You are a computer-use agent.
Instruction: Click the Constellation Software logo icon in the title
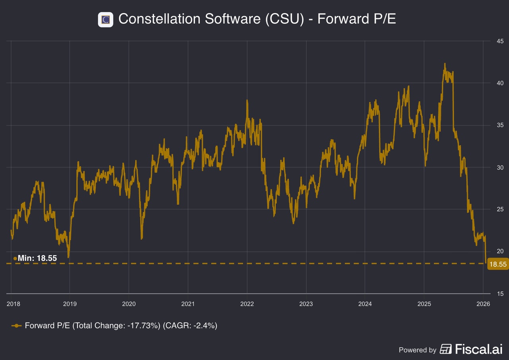(x=106, y=19)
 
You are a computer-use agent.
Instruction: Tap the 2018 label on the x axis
(x=14, y=304)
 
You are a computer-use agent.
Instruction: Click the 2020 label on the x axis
(x=129, y=304)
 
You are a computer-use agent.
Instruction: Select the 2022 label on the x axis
(x=247, y=304)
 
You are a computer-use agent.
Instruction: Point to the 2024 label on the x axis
(x=365, y=304)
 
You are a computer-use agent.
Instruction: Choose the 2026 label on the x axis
(x=483, y=304)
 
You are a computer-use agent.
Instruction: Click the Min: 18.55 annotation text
(x=37, y=258)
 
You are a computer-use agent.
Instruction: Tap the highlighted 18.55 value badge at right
(x=498, y=264)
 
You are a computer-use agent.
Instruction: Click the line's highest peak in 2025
(x=445, y=64)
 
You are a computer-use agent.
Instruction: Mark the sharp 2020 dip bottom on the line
(x=142, y=238)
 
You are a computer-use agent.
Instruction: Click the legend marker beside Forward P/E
(x=16, y=326)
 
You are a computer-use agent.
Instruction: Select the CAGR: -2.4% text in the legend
(x=190, y=326)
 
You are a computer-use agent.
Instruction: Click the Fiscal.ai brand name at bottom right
(x=479, y=349)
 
